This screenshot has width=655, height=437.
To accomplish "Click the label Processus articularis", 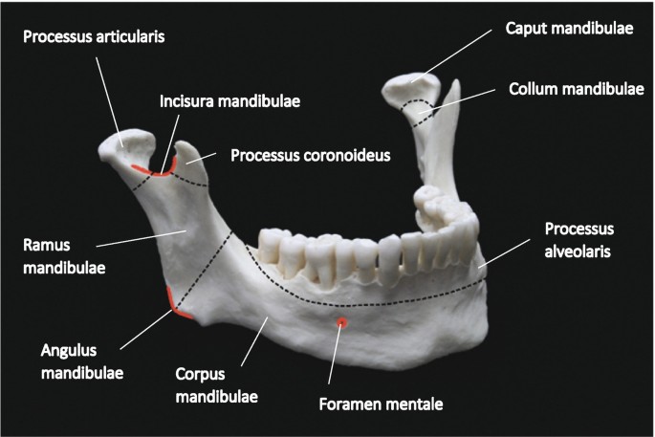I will pyautogui.click(x=93, y=38).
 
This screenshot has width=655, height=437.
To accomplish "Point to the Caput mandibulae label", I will pyautogui.click(x=568, y=29).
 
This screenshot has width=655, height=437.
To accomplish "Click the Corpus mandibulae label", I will pyautogui.click(x=217, y=382).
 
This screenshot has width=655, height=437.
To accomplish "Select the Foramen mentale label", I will pyautogui.click(x=381, y=404).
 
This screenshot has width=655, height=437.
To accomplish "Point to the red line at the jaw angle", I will pyautogui.click(x=176, y=303).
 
